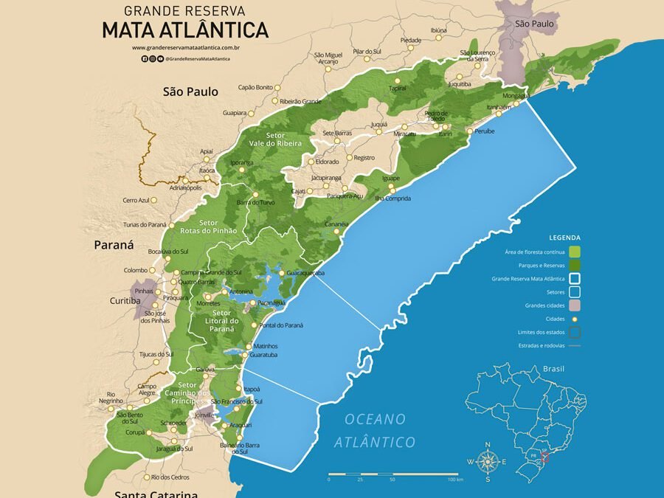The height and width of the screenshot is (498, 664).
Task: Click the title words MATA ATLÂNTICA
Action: click(184, 30)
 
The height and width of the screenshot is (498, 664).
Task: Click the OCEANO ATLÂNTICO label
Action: click(375, 430)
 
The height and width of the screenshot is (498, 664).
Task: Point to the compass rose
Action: click(487, 462)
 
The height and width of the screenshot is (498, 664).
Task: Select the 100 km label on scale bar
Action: click(454, 480)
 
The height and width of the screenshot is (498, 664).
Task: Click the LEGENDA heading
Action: click(564, 238)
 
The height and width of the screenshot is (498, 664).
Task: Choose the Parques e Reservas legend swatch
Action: click(575, 266)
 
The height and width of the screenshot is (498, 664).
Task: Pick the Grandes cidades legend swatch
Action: click(575, 305)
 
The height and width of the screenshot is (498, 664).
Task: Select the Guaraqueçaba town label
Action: click(305, 273)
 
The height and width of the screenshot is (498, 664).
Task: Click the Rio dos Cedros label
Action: click(170, 477)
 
